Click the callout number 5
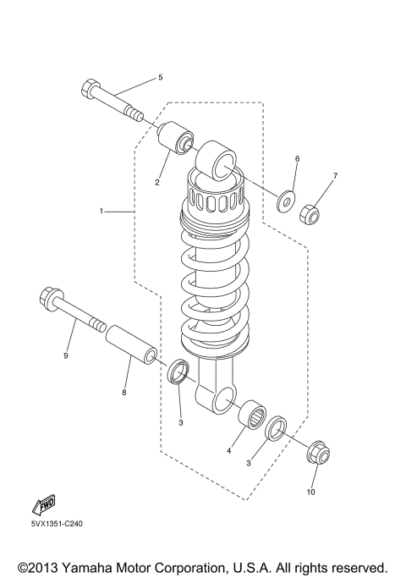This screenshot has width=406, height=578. [159, 78]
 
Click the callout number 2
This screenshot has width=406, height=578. [157, 181]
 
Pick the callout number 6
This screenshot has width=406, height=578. [297, 159]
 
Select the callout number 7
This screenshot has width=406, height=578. [334, 176]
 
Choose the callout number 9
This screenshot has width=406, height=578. [65, 355]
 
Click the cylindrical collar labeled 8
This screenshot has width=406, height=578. [132, 346]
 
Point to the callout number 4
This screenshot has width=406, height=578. [228, 451]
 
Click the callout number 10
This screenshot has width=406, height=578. [310, 492]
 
